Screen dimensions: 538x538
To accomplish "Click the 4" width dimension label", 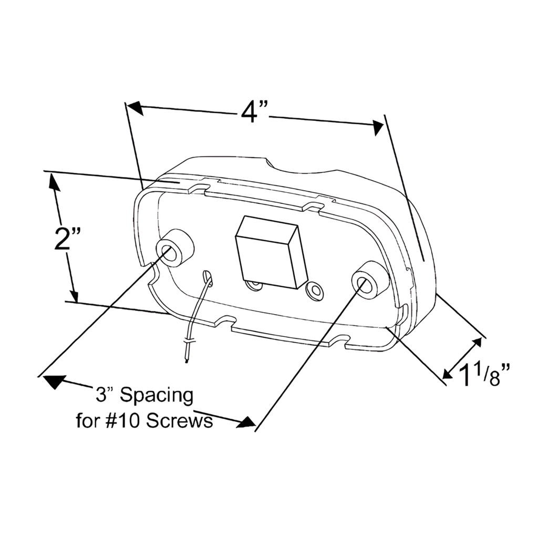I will (x=254, y=112).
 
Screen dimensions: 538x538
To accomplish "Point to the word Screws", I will (x=180, y=421).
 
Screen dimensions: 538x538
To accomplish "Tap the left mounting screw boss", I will (x=175, y=247).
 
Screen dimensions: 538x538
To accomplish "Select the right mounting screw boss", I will (x=370, y=280).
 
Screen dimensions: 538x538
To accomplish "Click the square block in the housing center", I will (x=271, y=252).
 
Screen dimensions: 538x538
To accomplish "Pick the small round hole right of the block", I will (x=316, y=290).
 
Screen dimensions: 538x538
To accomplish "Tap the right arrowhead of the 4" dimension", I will (x=377, y=127).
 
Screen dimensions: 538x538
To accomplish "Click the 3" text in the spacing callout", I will (x=103, y=396).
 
